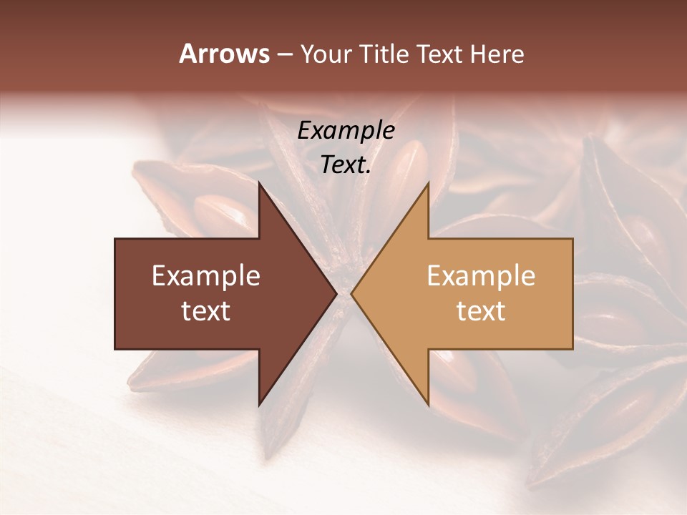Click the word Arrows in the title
(225, 54)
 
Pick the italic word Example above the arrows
(346, 130)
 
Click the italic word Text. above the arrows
(346, 165)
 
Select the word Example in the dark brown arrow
(206, 276)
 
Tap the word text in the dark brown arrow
(206, 311)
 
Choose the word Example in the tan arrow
(481, 276)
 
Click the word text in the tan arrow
(481, 311)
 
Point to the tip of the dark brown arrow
(336, 293)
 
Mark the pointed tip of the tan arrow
(351, 293)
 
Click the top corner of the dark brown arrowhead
(259, 182)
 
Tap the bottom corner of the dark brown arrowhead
(259, 405)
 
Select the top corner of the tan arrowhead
(428, 182)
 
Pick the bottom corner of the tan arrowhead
(428, 405)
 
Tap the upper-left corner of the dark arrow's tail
(115, 239)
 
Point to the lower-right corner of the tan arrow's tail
(572, 348)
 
